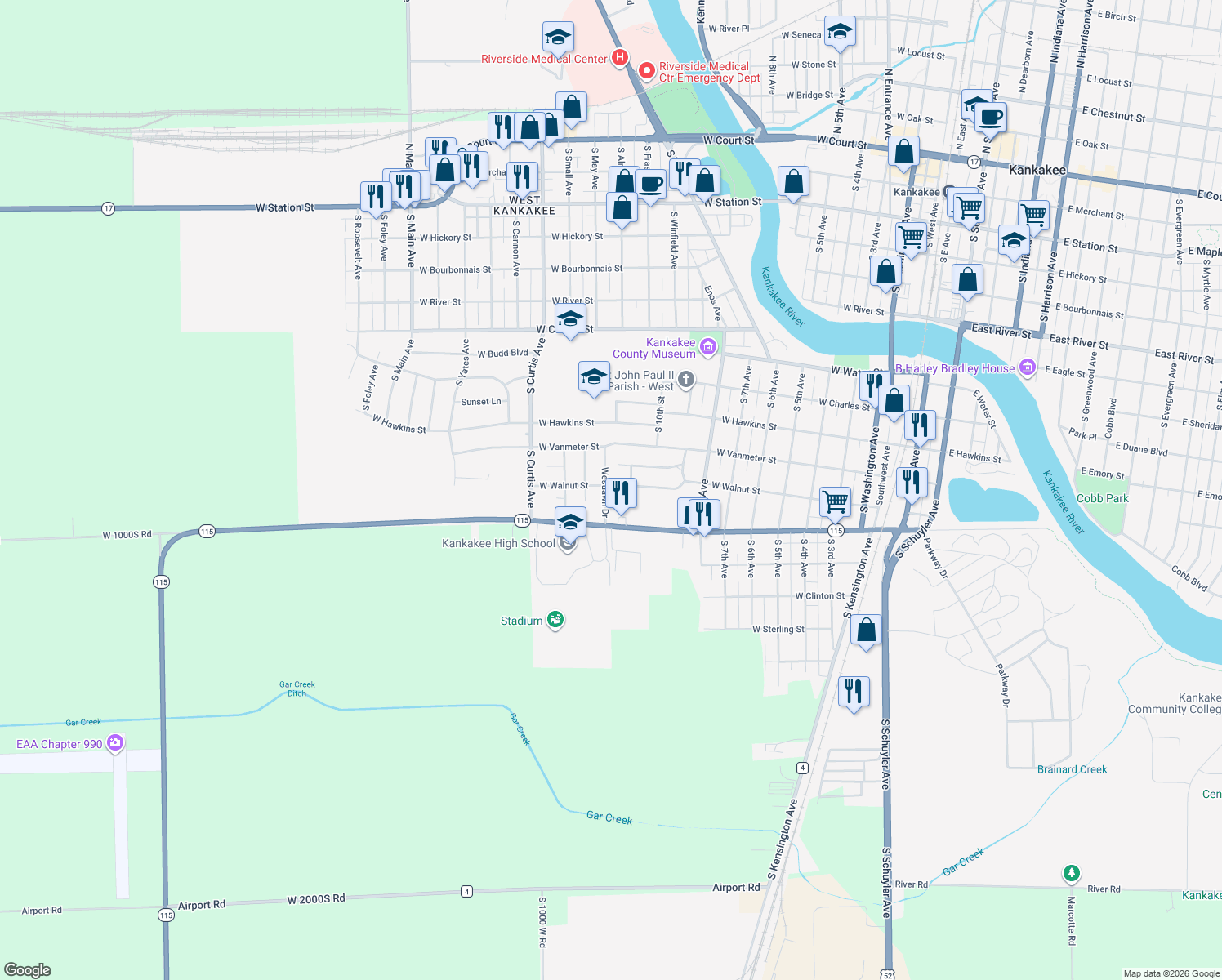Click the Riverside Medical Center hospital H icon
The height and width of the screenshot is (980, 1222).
620,57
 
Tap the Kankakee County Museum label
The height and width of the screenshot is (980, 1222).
654,349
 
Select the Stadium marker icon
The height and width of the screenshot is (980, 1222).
555,620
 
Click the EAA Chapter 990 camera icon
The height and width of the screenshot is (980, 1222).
115,743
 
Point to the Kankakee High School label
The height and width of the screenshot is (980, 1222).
498,544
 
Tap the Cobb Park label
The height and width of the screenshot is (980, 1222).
1102,498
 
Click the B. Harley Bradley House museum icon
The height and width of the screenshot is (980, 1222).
1028,368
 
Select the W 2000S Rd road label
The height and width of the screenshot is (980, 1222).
316,899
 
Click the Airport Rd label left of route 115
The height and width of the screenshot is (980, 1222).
42,911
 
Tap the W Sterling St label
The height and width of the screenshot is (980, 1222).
778,630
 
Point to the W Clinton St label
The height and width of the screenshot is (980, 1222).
820,596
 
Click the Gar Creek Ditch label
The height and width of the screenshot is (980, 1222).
297,689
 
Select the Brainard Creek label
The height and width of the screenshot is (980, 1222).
1072,769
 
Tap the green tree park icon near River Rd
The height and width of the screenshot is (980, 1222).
1072,874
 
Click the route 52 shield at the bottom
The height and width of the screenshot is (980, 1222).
887,974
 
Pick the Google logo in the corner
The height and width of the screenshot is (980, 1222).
28,970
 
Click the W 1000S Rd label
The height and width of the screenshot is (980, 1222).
127,536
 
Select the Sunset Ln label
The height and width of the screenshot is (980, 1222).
481,402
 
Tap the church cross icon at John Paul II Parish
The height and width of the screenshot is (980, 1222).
686,379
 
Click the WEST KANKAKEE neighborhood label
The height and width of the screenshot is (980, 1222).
524,206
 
